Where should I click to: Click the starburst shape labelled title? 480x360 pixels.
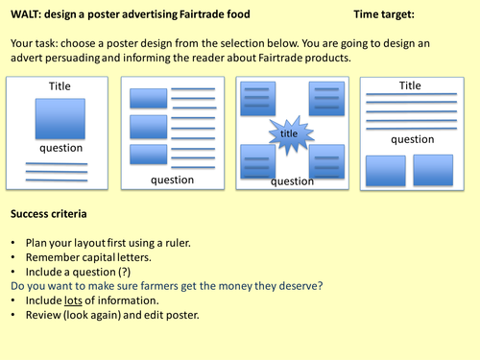(x=290, y=135)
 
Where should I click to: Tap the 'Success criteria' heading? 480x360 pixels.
(x=50, y=212)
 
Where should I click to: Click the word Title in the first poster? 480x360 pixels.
(x=60, y=86)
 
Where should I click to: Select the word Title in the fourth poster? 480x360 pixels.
(x=410, y=85)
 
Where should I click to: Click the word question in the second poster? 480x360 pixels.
(x=173, y=180)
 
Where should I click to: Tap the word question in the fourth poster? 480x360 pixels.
(x=412, y=139)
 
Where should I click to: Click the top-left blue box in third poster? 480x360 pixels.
(x=256, y=98)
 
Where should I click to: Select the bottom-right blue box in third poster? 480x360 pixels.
(x=326, y=159)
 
